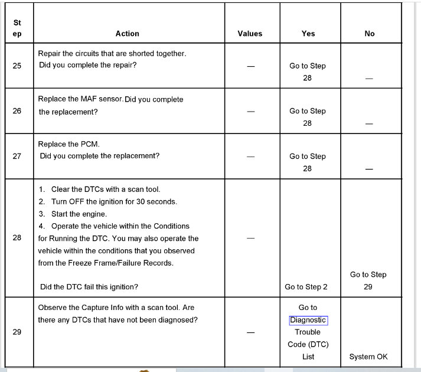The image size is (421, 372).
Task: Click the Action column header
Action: tap(127, 34)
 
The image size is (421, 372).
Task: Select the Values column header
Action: tap(250, 34)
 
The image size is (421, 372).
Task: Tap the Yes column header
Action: tap(308, 34)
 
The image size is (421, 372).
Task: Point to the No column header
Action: tap(370, 34)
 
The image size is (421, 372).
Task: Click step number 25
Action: tap(17, 66)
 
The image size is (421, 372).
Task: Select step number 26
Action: tap(17, 111)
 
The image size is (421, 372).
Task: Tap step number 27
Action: tap(17, 156)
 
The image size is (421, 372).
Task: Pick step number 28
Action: tap(17, 238)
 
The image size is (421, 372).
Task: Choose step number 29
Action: tap(17, 332)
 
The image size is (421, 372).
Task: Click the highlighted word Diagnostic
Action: tap(308, 320)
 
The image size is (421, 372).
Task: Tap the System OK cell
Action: tap(368, 357)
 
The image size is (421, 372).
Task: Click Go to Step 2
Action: tap(306, 287)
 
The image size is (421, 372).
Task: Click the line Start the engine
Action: tap(79, 214)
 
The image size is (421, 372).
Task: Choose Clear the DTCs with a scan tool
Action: tap(106, 190)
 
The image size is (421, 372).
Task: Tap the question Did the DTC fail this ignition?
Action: tap(89, 287)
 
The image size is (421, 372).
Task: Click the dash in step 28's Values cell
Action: tap(250, 238)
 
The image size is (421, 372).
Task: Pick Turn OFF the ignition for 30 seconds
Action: tap(114, 201)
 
